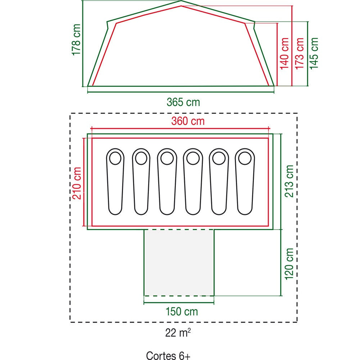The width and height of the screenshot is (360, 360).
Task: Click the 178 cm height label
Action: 77,40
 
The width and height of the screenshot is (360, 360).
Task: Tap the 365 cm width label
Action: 183,102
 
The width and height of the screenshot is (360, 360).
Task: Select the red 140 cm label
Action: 284,53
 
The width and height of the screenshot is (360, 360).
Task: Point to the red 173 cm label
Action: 299,53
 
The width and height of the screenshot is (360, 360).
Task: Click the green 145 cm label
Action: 314,53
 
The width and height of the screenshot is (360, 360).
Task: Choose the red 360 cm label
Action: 188,121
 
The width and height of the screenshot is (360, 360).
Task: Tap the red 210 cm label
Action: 77,183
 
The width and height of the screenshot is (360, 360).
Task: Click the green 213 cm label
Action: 289,181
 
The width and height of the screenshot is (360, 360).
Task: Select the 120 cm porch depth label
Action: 289,264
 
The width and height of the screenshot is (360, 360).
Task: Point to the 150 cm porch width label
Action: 182,312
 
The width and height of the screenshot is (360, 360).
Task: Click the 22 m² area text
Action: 178,332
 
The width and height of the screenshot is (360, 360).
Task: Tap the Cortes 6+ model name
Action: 168,355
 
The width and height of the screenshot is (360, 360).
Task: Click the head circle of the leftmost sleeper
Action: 115,158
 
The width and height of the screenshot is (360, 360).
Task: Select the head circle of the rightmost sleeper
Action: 245,158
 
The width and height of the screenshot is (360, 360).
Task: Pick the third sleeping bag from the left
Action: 167,181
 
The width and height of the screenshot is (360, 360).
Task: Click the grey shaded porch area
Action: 179,262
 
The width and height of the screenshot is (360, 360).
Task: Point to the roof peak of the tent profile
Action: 181,1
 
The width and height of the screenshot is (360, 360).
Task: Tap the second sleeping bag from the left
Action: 141,181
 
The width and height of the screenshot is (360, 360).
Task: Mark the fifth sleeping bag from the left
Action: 219,181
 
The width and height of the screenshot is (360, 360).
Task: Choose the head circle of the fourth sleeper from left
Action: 193,158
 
